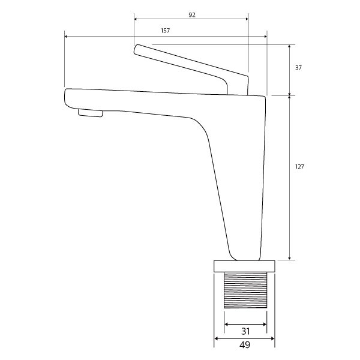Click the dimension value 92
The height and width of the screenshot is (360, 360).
point(191,14)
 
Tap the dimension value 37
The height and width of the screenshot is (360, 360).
point(298,68)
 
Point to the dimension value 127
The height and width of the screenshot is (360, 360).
point(300,167)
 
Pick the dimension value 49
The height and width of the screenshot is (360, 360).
point(244,345)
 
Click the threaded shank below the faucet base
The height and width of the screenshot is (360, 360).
point(245,291)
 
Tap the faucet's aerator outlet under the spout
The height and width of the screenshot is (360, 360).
point(90,113)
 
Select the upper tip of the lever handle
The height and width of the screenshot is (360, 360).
point(137,48)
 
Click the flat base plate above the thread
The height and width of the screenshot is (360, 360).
point(244,266)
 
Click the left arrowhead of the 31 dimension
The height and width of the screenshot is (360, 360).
point(226,323)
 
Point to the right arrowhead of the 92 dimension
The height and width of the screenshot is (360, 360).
point(246,19)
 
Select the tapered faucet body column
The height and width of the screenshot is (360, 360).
point(240,180)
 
